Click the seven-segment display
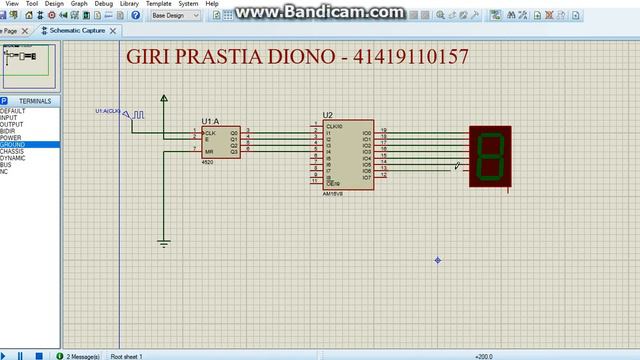point(490,155)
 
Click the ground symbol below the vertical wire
point(164,242)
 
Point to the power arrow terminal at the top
point(164,98)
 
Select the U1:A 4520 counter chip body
point(221,141)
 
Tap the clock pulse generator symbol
point(136,115)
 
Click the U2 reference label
point(328,115)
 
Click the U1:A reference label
point(210,121)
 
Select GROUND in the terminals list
point(14,145)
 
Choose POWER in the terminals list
point(11,138)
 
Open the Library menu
point(129,4)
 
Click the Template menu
point(158,4)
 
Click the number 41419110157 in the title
point(410,56)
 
